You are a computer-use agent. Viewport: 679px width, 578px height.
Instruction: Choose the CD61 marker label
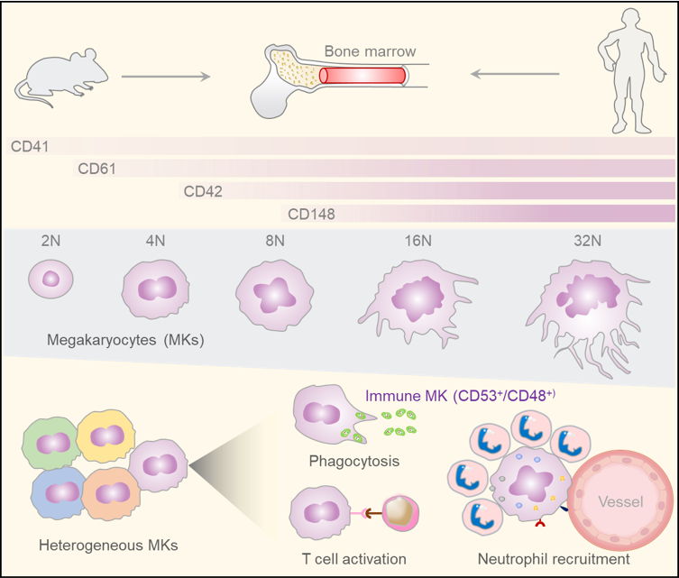point(96,168)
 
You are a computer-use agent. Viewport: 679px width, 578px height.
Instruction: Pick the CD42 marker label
point(203,190)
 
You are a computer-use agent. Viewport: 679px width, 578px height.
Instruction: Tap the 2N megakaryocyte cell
point(49,278)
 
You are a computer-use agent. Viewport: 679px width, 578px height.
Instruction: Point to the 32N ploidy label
point(574,241)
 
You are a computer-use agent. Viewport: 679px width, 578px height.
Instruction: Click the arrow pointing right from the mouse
point(166,77)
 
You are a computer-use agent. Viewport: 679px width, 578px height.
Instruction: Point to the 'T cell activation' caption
point(353,559)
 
